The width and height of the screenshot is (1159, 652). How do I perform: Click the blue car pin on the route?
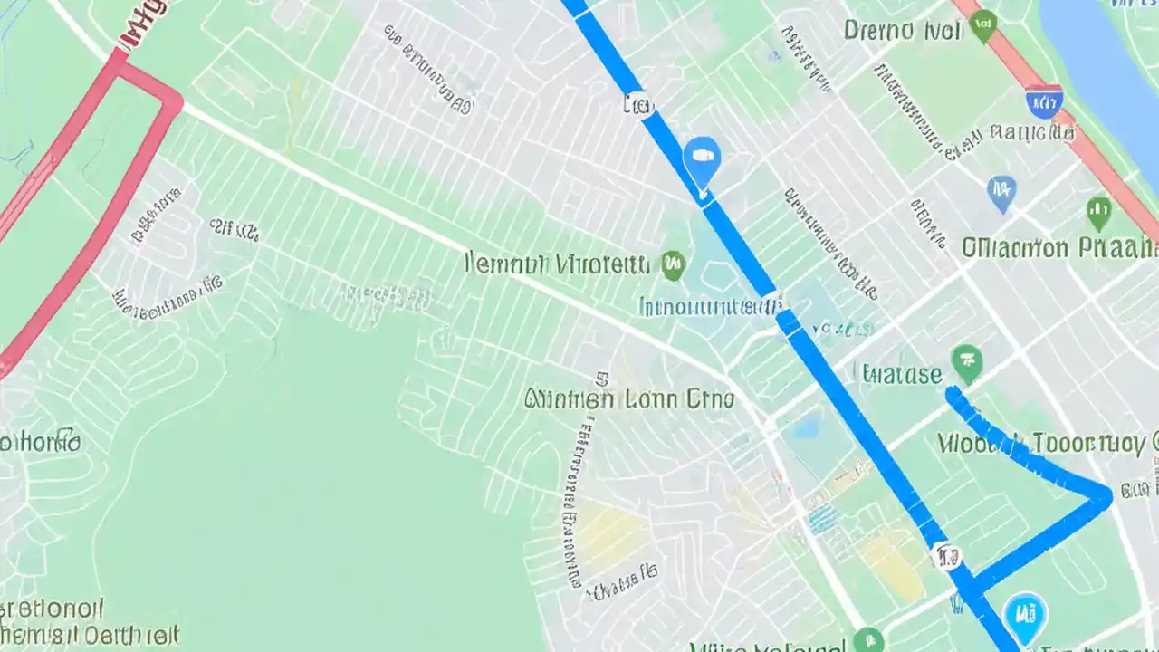(x=701, y=158)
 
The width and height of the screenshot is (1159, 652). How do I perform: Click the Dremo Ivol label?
(x=902, y=30)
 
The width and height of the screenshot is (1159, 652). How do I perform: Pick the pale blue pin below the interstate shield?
(x=1001, y=191)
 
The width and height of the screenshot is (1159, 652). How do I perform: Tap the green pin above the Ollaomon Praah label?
(x=1098, y=212)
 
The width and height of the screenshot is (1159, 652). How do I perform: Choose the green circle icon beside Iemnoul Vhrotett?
(x=673, y=265)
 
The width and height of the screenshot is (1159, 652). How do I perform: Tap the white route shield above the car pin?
(x=638, y=105)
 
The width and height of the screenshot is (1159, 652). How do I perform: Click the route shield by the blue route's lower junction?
(x=945, y=556)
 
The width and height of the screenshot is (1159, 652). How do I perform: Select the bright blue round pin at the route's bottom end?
(x=1026, y=615)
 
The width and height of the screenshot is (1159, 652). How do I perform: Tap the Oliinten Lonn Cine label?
(x=629, y=398)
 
